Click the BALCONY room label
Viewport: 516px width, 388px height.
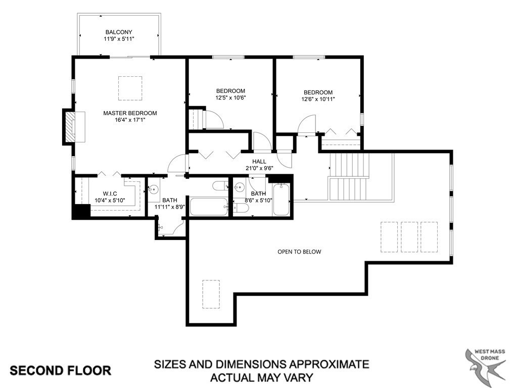coord(119,32)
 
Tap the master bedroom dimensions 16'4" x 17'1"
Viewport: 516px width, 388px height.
coord(130,120)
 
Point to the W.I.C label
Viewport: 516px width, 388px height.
coord(110,193)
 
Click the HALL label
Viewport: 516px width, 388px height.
coord(259,161)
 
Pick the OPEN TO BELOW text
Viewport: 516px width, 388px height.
coord(299,252)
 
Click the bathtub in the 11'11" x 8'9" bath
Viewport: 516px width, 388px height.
coord(209,207)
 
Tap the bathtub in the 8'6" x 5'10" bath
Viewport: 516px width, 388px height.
coord(282,200)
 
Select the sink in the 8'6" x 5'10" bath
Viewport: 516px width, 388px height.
coord(239,187)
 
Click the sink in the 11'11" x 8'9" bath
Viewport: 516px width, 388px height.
coord(153,190)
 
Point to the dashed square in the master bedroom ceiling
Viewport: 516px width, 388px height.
coord(130,88)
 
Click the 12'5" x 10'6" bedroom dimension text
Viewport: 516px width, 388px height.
coord(231,98)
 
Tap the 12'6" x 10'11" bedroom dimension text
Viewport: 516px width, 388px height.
coord(318,99)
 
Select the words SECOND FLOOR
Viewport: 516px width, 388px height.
coord(61,370)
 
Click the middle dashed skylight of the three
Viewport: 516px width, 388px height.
coord(409,237)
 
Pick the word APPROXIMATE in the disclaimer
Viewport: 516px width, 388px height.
coord(329,364)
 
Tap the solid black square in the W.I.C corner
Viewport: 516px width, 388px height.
coord(81,211)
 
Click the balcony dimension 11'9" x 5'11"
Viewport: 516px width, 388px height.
coord(119,39)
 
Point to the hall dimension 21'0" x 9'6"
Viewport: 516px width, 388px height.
coord(259,168)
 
